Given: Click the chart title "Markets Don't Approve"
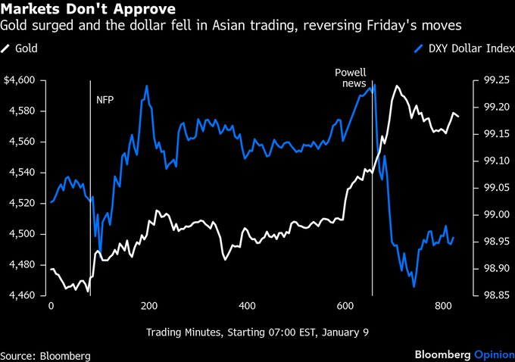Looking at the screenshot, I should pyautogui.click(x=89, y=10).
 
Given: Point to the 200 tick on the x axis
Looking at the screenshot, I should pyautogui.click(x=149, y=306).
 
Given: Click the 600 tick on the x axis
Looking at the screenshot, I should pyautogui.click(x=345, y=306).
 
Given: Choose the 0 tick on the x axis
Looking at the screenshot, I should pyautogui.click(x=51, y=306).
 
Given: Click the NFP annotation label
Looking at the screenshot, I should pyautogui.click(x=105, y=99).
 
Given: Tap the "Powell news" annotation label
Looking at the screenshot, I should pyautogui.click(x=351, y=78).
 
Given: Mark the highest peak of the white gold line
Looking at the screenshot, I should pyautogui.click(x=396, y=86).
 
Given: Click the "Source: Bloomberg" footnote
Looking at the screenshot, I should pyautogui.click(x=45, y=355).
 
